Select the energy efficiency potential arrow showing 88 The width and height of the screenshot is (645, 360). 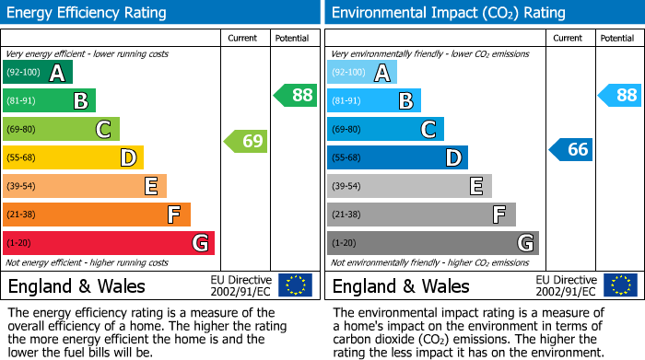coord(296,95)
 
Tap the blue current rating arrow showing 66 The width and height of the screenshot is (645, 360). coord(571,149)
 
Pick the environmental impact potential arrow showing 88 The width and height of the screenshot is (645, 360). coord(620,95)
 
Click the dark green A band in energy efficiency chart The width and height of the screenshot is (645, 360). coord(38,73)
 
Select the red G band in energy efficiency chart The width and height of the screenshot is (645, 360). coord(109,243)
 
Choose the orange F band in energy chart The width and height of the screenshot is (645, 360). coord(97,215)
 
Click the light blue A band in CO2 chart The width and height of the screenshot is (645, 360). coord(362,73)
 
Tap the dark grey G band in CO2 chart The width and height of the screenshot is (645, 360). coord(433,243)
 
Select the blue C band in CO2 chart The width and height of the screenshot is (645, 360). coord(385,129)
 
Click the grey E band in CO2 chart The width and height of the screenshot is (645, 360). coord(409,186)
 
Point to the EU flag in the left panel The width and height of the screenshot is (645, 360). coord(296,285)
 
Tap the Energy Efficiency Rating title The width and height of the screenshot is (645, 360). coord(87,13)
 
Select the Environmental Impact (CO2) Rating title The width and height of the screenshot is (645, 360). coord(448,13)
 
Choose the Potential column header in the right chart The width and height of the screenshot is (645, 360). coord(617,38)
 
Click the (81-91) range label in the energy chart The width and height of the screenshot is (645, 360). coord(22,101)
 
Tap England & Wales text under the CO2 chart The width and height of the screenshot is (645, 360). coord(401,286)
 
